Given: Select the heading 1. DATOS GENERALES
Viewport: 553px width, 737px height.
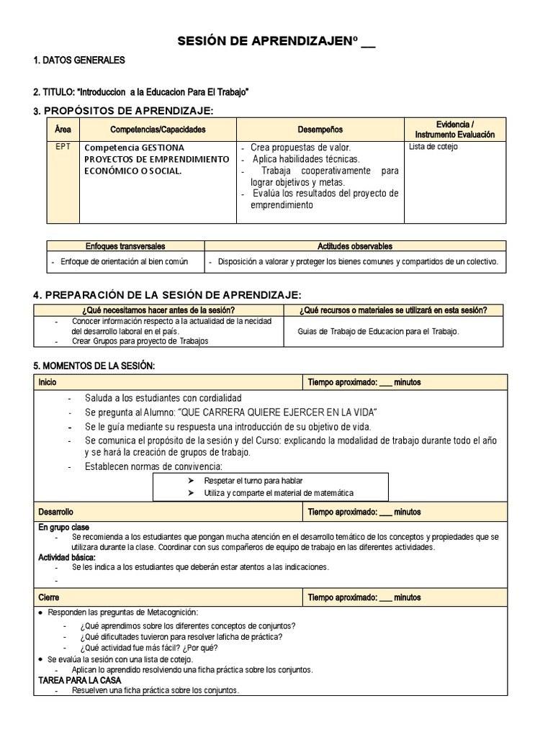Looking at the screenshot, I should coord(79,60).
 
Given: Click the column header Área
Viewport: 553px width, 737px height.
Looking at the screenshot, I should coord(63,130).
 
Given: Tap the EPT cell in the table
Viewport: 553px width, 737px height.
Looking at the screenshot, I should coord(63,147).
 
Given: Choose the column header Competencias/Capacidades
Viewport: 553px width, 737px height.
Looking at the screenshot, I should coord(158,130).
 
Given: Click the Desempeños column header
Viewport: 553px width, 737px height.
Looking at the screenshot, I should coord(320,130).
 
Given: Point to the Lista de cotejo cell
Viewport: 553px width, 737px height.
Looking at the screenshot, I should coord(433,147).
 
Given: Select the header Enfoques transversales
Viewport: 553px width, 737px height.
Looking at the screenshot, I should coord(125,246).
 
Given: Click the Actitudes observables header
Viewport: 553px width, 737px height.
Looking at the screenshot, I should coord(355,246).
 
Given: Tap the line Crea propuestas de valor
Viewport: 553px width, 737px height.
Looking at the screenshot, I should coord(291,147).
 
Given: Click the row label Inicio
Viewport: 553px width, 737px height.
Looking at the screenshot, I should coord(48,382).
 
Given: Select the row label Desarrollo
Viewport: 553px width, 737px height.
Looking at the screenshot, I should coord(55,512).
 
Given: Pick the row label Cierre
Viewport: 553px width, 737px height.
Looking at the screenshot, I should coord(49,597).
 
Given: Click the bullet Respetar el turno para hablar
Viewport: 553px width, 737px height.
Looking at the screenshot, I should coord(253,480).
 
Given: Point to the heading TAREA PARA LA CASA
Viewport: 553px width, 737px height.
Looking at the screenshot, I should coord(79,680).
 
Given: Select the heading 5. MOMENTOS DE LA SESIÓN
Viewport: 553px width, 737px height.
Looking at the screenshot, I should coord(94,366).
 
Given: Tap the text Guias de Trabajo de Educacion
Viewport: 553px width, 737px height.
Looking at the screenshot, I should coord(377,331).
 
